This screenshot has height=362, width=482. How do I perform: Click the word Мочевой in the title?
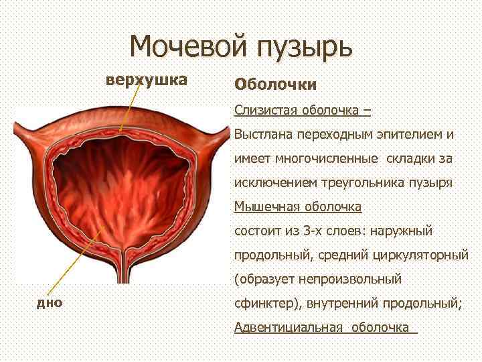pyautogui.click(x=187, y=46)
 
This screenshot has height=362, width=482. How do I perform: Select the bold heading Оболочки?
pyautogui.click(x=275, y=85)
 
